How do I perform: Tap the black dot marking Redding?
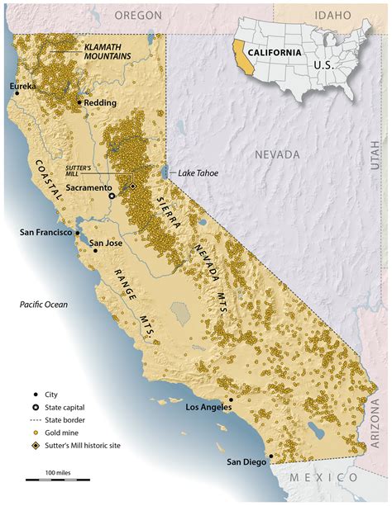79,103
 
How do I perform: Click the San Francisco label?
45,232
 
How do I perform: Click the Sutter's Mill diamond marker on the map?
132,187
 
